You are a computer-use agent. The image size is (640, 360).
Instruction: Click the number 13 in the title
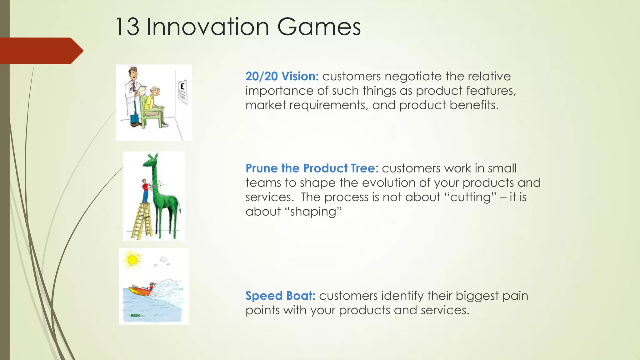pyautogui.click(x=127, y=27)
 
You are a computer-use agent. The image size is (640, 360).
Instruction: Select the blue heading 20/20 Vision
pyautogui.click(x=282, y=76)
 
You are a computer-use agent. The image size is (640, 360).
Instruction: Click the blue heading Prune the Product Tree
pyautogui.click(x=310, y=168)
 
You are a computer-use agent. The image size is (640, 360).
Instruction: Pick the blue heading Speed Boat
pyautogui.click(x=280, y=296)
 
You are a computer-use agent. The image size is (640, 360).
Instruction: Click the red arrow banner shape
pyautogui.click(x=41, y=51)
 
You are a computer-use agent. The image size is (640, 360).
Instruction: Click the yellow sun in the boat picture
pyautogui.click(x=132, y=260)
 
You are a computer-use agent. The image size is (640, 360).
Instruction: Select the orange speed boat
pyautogui.click(x=141, y=291)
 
